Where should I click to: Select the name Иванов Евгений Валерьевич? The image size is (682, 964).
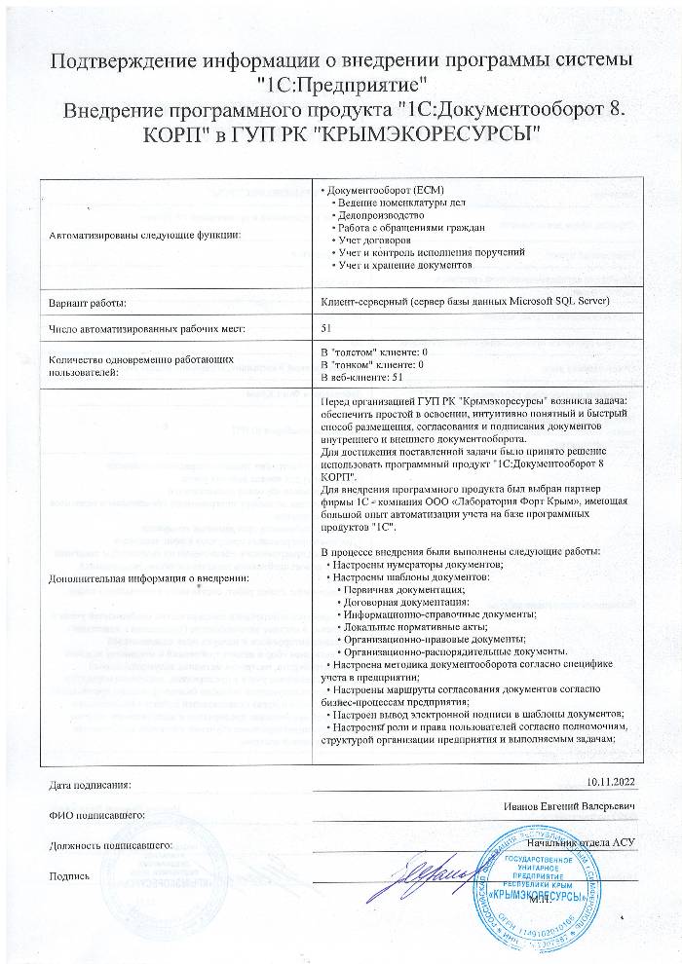pyautogui.click(x=572, y=808)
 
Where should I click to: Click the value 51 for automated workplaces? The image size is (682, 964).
pyautogui.click(x=326, y=327)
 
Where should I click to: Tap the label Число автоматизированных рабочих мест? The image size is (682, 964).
pyautogui.click(x=147, y=328)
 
